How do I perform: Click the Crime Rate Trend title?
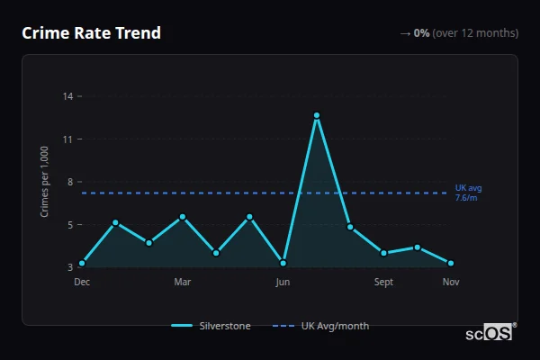pos(91,33)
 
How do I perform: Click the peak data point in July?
pos(317,115)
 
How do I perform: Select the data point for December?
pos(82,264)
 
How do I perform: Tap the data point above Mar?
pos(183,217)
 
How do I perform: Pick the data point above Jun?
pos(283,263)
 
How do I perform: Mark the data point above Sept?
pos(384,253)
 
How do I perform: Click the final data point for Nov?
pos(451,264)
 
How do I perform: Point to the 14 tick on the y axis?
pos(67,96)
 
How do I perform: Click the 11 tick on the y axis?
pos(67,139)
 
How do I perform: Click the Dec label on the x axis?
pos(82,283)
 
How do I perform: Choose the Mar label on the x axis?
pos(183,283)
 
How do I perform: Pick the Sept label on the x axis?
pos(384,283)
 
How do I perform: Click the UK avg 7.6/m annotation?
pos(468,193)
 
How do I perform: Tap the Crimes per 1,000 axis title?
pos(45,182)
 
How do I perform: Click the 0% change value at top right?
pos(421,33)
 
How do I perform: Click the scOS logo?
pos(490,333)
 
